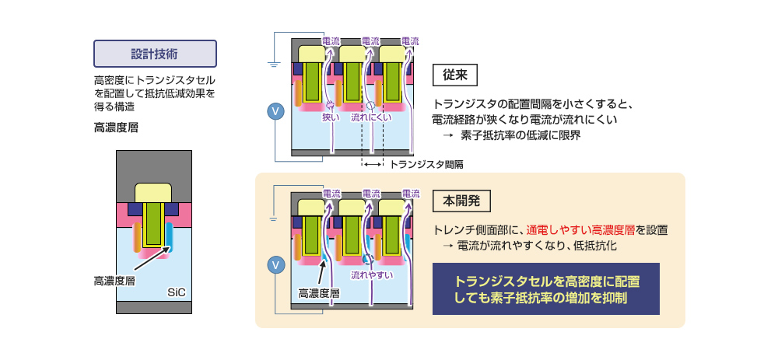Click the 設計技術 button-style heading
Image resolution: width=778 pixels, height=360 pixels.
[x=154, y=54]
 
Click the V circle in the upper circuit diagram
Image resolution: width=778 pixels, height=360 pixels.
[x=274, y=111]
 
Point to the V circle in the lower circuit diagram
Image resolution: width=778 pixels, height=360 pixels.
[x=274, y=266]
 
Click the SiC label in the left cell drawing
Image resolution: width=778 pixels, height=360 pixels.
[x=176, y=292]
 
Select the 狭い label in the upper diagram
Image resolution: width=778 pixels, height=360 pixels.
[x=331, y=117]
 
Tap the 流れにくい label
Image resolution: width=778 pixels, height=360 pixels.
[x=370, y=117]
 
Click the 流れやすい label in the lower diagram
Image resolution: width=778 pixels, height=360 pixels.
[x=371, y=274]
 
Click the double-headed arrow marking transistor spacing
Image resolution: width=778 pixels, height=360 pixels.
[x=372, y=165]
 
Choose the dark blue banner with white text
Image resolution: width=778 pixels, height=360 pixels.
[x=545, y=288]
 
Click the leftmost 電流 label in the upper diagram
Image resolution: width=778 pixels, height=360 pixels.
[x=332, y=40]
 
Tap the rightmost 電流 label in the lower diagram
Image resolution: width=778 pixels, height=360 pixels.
[x=410, y=193]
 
